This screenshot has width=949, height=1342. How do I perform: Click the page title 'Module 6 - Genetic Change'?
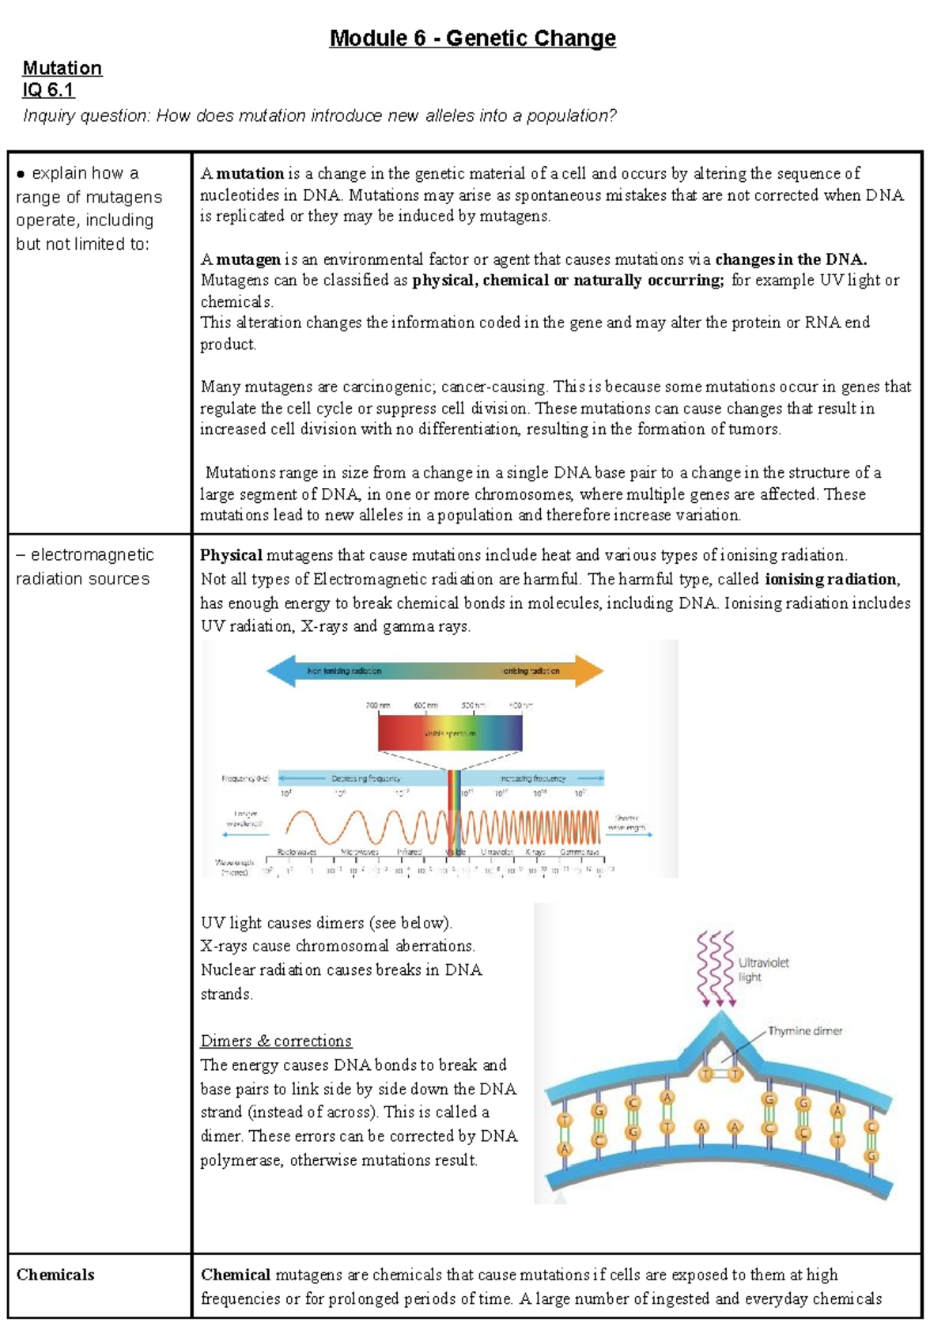[472, 38]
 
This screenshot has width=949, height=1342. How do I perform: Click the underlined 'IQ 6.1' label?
[48, 89]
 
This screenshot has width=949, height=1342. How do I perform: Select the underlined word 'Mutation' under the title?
[62, 68]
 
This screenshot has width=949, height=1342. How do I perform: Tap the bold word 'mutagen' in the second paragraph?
[248, 259]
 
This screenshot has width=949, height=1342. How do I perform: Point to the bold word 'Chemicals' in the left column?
[55, 1274]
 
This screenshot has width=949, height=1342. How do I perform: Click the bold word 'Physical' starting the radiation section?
[231, 555]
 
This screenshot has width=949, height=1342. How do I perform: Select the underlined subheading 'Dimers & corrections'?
[276, 1041]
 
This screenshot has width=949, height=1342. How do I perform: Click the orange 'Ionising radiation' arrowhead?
[588, 671]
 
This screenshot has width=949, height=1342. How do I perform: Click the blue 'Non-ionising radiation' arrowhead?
[282, 671]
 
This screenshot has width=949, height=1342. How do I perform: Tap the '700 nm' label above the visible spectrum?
[378, 705]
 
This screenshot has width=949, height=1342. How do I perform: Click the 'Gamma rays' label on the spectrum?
[580, 852]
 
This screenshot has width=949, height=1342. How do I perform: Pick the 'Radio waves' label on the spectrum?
[297, 852]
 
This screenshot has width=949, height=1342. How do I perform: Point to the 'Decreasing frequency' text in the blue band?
[365, 778]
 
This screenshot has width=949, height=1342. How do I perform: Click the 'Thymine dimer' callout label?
[804, 1030]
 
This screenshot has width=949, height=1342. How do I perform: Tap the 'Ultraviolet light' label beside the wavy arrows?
[762, 970]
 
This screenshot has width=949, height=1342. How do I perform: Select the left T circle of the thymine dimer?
[707, 1073]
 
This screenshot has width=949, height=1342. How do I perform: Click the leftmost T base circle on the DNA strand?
[565, 1120]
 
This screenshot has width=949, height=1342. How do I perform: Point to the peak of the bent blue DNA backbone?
[720, 1021]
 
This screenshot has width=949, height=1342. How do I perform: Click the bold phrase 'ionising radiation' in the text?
[832, 579]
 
